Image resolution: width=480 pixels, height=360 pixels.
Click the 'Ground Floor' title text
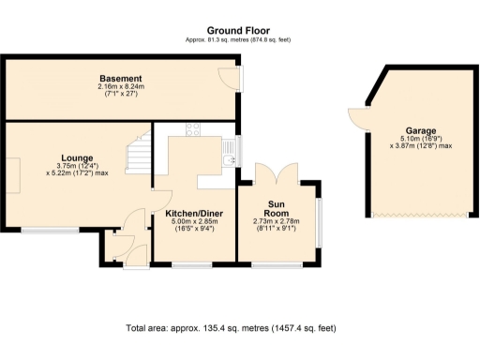(239, 30)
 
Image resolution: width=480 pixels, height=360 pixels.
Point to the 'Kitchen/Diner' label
(194, 214)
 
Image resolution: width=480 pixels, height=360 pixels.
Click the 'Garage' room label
(421, 131)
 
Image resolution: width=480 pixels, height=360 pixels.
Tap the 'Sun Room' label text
(277, 207)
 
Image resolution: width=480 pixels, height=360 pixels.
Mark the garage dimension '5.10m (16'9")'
(421, 139)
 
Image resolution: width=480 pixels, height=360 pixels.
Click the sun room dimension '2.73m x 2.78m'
(277, 222)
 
